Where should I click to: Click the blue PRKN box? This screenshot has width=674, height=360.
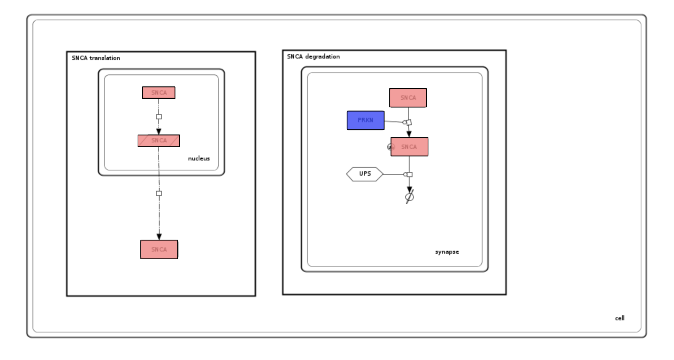click(x=365, y=120)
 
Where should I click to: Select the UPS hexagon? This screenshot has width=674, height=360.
click(x=364, y=174)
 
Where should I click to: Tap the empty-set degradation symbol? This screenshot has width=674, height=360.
click(x=409, y=197)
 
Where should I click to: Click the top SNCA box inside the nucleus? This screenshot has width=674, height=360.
click(x=159, y=93)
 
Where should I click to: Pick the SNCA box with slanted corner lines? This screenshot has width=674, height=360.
click(x=159, y=141)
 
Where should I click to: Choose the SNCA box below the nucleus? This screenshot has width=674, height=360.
click(x=159, y=249)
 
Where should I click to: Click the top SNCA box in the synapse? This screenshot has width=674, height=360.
click(x=408, y=98)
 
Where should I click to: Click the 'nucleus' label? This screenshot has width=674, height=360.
click(x=199, y=158)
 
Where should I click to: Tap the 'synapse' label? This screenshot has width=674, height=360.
click(x=447, y=252)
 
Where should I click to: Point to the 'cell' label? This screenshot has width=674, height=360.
click(x=619, y=318)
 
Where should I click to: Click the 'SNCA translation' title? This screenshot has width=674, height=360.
click(x=96, y=58)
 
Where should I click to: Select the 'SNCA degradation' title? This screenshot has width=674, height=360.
click(x=313, y=56)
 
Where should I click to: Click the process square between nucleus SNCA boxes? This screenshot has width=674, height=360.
click(x=159, y=117)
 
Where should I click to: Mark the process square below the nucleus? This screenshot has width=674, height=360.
click(x=159, y=193)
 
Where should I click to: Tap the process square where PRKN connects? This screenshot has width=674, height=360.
click(x=409, y=123)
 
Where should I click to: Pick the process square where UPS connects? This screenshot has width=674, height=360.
click(x=409, y=175)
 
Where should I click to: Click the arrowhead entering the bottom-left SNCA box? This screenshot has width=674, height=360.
click(x=159, y=237)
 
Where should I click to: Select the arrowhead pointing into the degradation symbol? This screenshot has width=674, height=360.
click(x=409, y=189)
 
